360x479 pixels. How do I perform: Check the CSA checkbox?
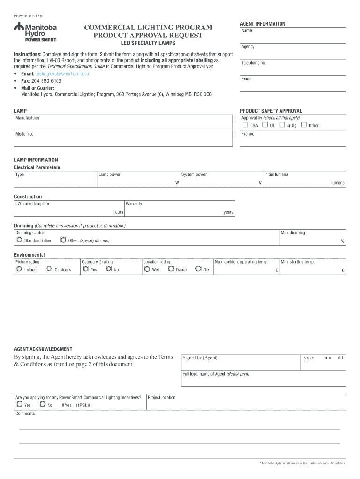tap(245, 125)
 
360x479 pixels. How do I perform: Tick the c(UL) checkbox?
tap(282, 125)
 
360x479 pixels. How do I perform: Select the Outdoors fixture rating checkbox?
tap(49, 269)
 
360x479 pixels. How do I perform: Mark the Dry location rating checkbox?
tap(199, 269)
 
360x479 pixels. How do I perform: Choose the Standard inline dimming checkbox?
tap(19, 240)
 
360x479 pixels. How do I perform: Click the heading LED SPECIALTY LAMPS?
tap(148, 44)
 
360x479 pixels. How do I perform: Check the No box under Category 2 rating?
tap(109, 269)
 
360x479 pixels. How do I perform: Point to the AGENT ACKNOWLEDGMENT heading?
tap(43, 349)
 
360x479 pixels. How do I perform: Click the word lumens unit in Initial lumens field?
tap(338, 183)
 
